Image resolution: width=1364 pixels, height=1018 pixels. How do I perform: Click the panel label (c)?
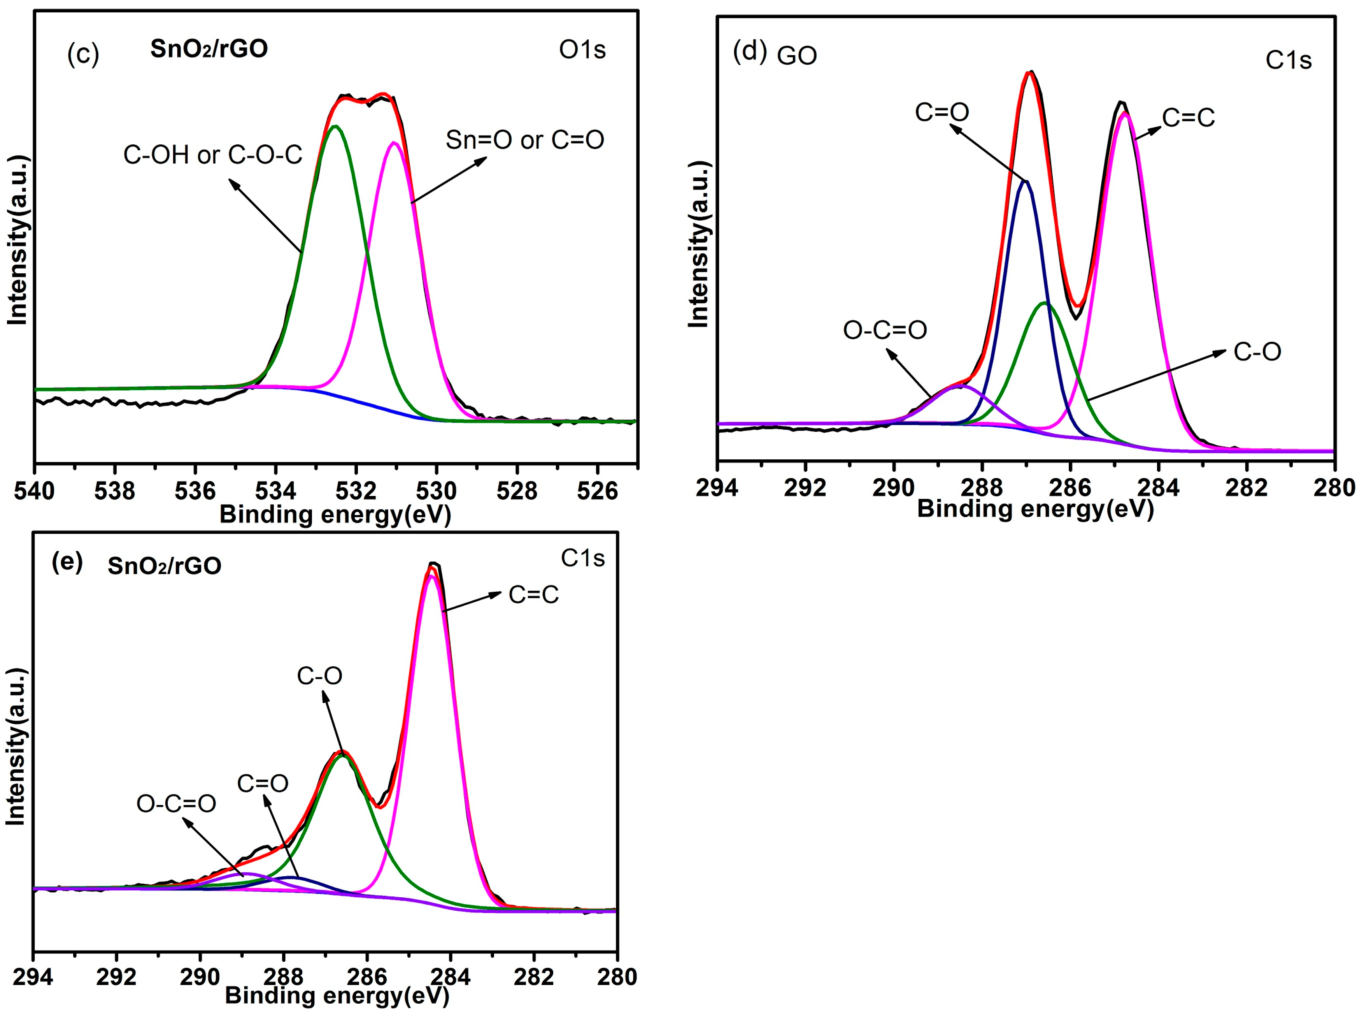pos(82,54)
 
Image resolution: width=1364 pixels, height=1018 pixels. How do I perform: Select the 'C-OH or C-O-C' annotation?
pos(212,155)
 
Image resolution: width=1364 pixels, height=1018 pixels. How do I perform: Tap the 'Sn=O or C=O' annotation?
pos(525,140)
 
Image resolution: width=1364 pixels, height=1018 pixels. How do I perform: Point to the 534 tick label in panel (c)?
pos(275,491)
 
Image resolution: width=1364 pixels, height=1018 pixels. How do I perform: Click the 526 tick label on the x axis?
pos(597,491)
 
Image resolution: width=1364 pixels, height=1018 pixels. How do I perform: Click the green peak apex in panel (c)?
pos(335,127)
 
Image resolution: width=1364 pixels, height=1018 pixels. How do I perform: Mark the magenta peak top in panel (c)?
pos(393,143)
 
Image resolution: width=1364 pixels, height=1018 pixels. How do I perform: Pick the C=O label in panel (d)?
pos(941,112)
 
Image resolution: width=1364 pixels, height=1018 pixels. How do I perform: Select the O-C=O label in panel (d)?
pos(884,330)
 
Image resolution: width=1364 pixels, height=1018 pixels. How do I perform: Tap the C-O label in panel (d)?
pos(1257,352)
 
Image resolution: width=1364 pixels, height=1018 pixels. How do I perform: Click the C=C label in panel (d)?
pos(1188,117)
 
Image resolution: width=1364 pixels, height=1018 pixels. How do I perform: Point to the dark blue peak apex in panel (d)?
pos(1025,181)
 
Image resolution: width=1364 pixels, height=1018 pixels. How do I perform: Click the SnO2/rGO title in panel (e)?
pos(165,566)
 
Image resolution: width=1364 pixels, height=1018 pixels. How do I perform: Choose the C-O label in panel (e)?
pos(319,676)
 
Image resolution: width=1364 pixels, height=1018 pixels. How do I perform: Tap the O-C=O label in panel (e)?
pos(176,803)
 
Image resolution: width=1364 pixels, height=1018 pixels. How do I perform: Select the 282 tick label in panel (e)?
pos(533,977)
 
